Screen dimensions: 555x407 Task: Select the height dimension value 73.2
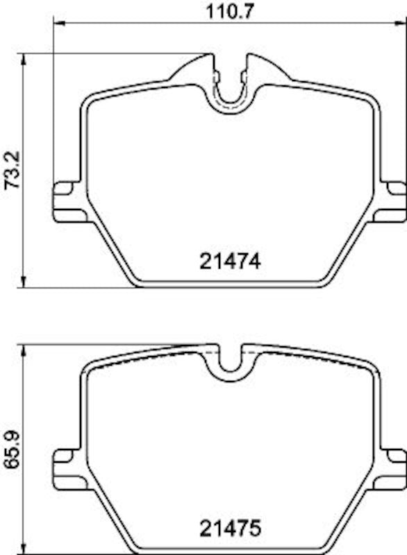(11, 169)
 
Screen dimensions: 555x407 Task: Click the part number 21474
(229, 262)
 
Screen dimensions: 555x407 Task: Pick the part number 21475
(229, 531)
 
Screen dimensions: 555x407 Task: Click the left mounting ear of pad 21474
(67, 202)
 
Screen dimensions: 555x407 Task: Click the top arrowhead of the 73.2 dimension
(25, 60)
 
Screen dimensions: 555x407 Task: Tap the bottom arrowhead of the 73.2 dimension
(25, 280)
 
